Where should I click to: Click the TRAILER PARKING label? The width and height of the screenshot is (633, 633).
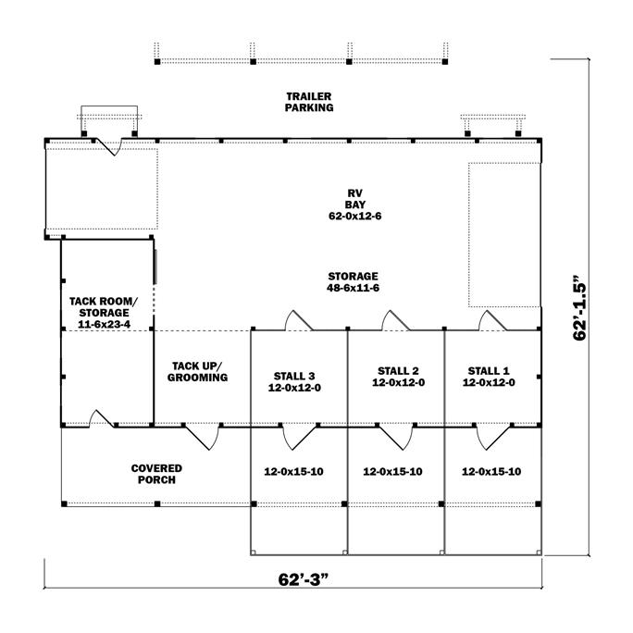click(309, 102)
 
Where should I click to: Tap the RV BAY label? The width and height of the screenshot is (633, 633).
click(352, 198)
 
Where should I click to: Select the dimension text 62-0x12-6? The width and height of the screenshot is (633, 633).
click(352, 215)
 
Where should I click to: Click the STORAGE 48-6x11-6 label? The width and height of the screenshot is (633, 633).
click(353, 282)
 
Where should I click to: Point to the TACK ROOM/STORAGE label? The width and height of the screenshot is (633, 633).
click(103, 307)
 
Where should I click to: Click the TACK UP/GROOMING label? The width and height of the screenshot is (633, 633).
click(197, 371)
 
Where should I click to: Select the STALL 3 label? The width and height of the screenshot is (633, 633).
click(294, 381)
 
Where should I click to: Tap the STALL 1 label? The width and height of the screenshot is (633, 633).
click(489, 376)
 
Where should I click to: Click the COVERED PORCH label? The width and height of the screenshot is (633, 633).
click(156, 474)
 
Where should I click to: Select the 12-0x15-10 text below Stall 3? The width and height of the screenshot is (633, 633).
click(294, 471)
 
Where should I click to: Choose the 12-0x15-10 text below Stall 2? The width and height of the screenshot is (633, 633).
click(392, 471)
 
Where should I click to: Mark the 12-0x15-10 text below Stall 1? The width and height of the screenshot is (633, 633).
click(490, 471)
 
